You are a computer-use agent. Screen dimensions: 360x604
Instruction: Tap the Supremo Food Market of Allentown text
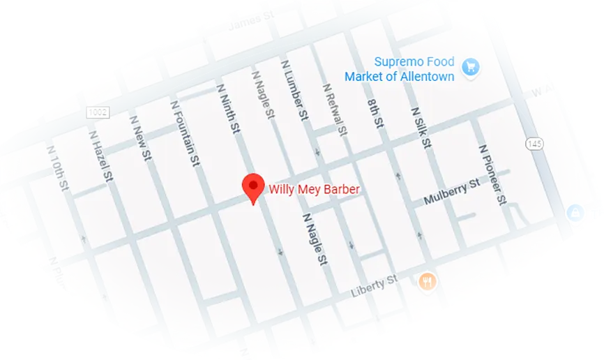click(414, 69)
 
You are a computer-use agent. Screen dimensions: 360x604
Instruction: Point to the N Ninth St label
click(228, 110)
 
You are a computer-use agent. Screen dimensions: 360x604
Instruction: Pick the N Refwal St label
click(334, 110)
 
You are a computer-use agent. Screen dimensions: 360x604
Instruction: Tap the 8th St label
click(376, 113)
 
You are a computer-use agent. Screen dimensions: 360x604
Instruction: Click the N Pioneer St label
click(492, 174)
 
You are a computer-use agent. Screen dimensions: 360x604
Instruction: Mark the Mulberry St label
click(452, 192)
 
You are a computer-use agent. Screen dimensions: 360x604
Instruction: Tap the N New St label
click(140, 137)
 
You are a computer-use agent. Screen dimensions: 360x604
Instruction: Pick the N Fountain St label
click(186, 133)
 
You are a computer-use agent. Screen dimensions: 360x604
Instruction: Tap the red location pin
click(252, 188)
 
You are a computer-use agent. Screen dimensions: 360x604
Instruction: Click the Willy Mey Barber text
click(314, 188)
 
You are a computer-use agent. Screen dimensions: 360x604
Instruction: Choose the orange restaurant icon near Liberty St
click(427, 282)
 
